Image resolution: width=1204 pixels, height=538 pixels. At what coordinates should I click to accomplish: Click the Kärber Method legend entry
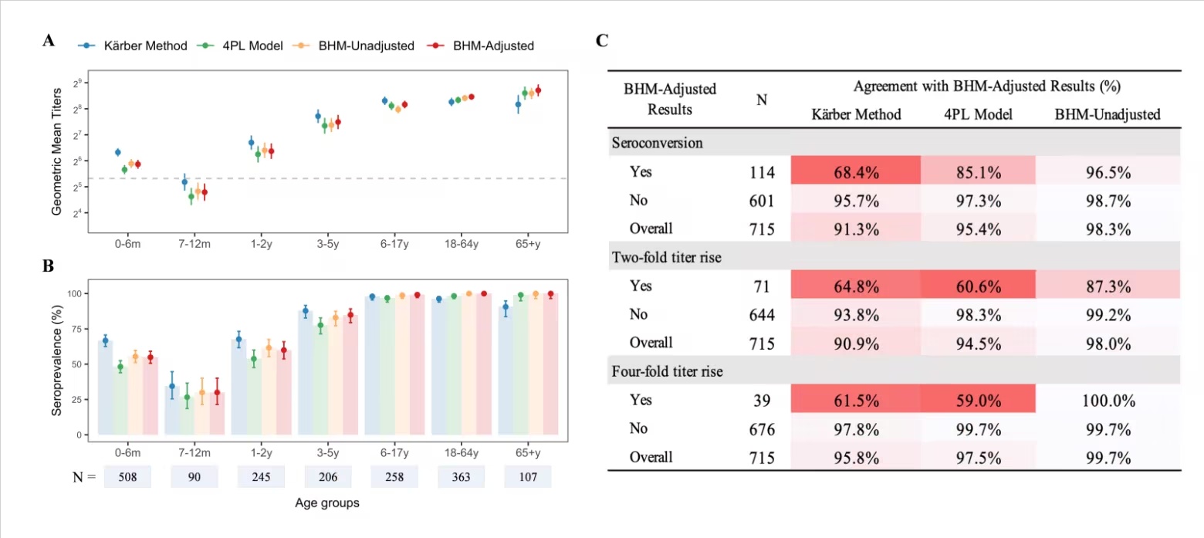[x=133, y=46]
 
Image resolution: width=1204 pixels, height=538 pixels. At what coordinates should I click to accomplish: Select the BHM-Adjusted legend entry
[x=481, y=46]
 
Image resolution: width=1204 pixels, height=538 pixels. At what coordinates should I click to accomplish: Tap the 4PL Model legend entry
[x=240, y=46]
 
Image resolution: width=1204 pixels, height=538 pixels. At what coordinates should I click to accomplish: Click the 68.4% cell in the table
[x=856, y=172]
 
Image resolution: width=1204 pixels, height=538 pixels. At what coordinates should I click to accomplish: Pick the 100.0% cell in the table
[x=1108, y=401]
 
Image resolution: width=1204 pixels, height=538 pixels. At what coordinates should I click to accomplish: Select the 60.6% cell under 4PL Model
[x=979, y=286]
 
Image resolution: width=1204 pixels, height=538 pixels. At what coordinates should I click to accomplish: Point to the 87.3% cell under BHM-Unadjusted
[x=1108, y=286]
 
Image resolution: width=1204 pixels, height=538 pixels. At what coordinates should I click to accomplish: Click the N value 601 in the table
[x=762, y=201]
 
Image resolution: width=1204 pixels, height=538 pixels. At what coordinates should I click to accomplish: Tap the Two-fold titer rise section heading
[x=667, y=258]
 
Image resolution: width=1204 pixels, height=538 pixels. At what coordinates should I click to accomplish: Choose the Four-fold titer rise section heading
[x=667, y=371]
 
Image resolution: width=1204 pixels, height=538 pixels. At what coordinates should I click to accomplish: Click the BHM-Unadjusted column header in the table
[x=1108, y=114]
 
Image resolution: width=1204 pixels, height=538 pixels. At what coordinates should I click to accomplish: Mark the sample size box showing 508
[x=127, y=477]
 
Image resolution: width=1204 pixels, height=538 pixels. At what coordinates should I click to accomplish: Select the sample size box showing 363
[x=462, y=477]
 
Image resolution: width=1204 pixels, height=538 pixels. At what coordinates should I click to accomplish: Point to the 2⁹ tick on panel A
[x=78, y=83]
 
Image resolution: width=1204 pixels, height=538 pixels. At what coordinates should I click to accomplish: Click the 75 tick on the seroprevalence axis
[x=76, y=330]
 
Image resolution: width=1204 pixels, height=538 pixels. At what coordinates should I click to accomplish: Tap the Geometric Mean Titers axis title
[x=56, y=151]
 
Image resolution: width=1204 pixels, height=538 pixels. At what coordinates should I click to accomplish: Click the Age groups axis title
[x=326, y=503]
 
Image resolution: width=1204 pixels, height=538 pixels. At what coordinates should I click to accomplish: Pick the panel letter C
[x=602, y=41]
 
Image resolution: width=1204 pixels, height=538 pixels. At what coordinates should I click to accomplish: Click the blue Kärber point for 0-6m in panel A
[x=118, y=153]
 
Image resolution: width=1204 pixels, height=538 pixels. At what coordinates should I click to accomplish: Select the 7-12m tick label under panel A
[x=194, y=244]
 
